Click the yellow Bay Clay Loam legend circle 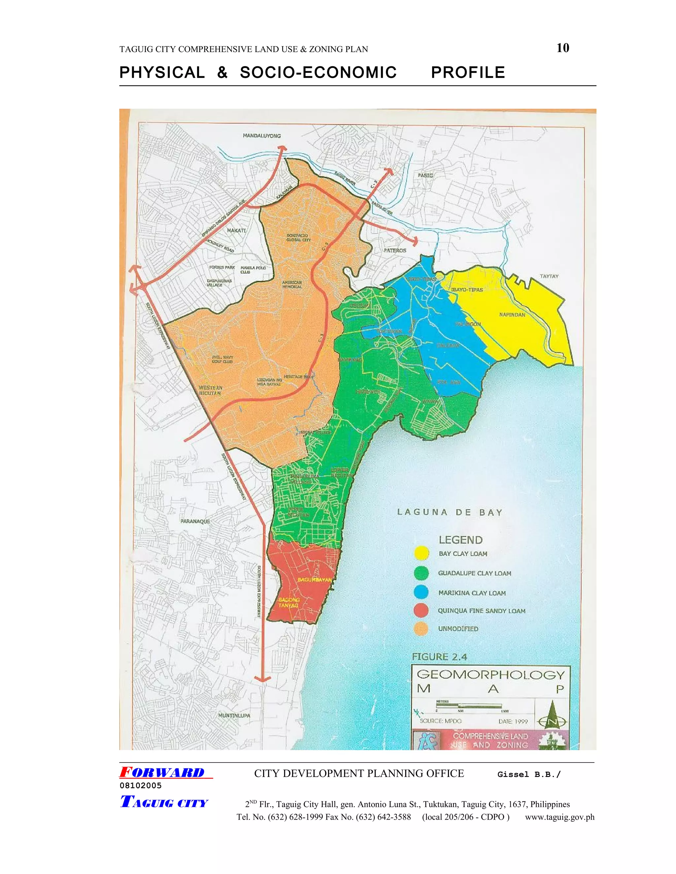(x=421, y=554)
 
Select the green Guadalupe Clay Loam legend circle (x=421, y=573)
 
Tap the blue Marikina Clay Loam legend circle (x=421, y=593)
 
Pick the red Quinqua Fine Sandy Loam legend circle (x=421, y=611)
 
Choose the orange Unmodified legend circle (x=421, y=629)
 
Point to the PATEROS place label (x=395, y=251)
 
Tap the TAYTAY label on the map (x=549, y=276)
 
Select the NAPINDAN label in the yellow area (x=512, y=315)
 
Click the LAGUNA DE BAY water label (x=449, y=513)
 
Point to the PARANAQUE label (x=195, y=521)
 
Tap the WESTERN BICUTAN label (x=210, y=390)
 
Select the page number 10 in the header (x=563, y=48)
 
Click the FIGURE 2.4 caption (x=439, y=657)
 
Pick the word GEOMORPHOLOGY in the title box (x=490, y=675)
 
